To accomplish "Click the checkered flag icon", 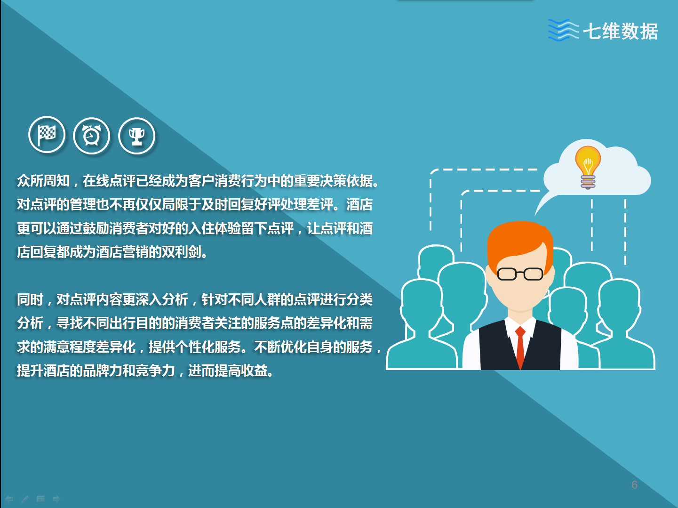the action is pyautogui.click(x=47, y=135).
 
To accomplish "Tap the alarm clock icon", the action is pyautogui.click(x=91, y=136).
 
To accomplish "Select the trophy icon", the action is pyautogui.click(x=136, y=136).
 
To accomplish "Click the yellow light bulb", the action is pyautogui.click(x=588, y=167).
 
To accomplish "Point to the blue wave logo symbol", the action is pyautogui.click(x=563, y=30).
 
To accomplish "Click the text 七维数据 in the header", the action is pyautogui.click(x=621, y=31).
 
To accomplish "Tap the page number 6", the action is pyautogui.click(x=634, y=485).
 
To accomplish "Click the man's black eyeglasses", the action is pyautogui.click(x=520, y=274).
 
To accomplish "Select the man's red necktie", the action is pyautogui.click(x=520, y=347).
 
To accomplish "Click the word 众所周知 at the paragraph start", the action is pyautogui.click(x=43, y=181).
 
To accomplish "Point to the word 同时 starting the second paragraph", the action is pyautogui.click(x=30, y=299).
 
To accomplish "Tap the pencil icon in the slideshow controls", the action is pyautogui.click(x=25, y=499).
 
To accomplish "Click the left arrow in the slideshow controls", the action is pyautogui.click(x=9, y=499).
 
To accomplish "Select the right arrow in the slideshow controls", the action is pyautogui.click(x=56, y=499).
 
